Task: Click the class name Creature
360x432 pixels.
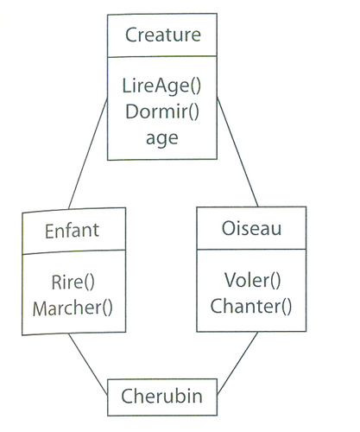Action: pos(163,35)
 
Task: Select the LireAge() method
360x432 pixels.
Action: pos(161,86)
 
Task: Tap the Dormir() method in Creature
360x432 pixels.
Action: pos(162,111)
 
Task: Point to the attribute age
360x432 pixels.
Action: pos(162,139)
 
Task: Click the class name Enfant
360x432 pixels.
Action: pos(72,231)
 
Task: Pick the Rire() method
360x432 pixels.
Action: pos(73,283)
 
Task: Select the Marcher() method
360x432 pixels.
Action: pos(73,308)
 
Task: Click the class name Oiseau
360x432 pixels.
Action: pos(251,228)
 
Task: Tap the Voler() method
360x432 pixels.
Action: pos(252,280)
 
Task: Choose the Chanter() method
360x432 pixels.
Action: pos(251,306)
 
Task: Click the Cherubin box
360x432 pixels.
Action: pos(162,397)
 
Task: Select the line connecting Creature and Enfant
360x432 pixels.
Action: pos(88,153)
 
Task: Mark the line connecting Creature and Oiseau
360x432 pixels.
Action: pos(237,152)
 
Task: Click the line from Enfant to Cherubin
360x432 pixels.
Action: pos(88,364)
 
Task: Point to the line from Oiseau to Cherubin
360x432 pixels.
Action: pos(237,363)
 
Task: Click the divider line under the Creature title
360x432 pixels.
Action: pos(162,56)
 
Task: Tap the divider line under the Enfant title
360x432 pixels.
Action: pos(74,252)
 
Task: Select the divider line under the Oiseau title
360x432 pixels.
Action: pos(251,249)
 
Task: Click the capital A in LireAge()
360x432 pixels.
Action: pos(155,86)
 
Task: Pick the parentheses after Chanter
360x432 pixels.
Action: pos(287,307)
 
